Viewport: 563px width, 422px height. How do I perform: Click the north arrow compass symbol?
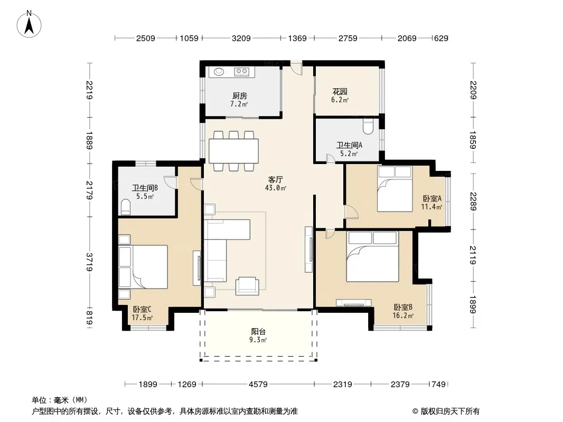coord(29,24)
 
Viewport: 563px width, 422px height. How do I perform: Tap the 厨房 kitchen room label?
coord(239,95)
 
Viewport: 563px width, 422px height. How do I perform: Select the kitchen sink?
coord(219,72)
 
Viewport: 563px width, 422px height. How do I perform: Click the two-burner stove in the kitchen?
coord(242,72)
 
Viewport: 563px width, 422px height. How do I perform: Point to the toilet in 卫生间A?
coord(369,127)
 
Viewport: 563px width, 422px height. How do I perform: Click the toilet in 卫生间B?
coord(125,207)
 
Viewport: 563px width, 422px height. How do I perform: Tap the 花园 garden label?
coord(339,92)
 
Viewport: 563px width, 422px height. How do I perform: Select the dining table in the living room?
coord(234,151)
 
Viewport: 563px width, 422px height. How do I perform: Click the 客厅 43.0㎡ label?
coord(275,183)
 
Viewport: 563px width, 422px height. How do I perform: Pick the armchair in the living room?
coord(247,286)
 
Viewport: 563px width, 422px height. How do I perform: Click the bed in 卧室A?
coord(395,189)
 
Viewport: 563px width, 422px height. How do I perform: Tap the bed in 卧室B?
coord(372,256)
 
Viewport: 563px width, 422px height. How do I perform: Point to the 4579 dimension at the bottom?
coord(258,385)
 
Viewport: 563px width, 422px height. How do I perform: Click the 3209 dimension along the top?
coord(241,38)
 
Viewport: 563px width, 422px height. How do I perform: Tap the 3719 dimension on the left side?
coord(89,262)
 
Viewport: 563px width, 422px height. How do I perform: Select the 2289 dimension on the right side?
coord(473,202)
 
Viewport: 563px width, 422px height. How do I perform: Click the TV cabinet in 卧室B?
coord(354,303)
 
